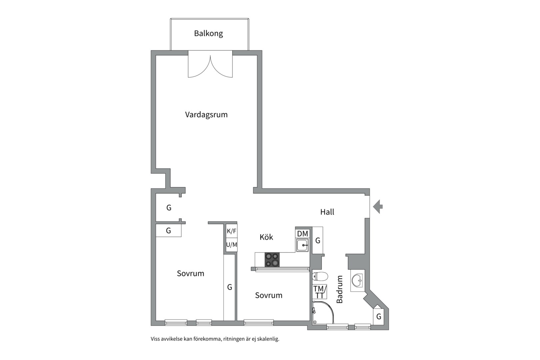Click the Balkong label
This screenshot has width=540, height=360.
pyautogui.click(x=208, y=33)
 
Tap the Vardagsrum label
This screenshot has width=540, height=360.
pyautogui.click(x=206, y=115)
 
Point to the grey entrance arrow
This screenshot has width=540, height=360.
pyautogui.click(x=378, y=207)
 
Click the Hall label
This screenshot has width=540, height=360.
pyautogui.click(x=327, y=212)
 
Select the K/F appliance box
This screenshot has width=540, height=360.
pyautogui.click(x=232, y=231)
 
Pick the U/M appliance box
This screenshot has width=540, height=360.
pyautogui.click(x=232, y=245)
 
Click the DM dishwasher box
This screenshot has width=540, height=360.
pyautogui.click(x=303, y=234)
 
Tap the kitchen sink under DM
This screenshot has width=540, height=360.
pyautogui.click(x=303, y=245)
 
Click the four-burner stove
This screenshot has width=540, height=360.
pyautogui.click(x=272, y=260)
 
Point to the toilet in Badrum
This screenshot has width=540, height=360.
pyautogui.click(x=320, y=276)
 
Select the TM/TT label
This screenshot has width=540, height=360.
pyautogui.click(x=320, y=292)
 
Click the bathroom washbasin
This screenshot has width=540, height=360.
pyautogui.click(x=357, y=280)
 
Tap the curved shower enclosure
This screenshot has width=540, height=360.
pyautogui.click(x=323, y=313)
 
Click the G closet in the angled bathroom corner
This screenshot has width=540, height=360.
pyautogui.click(x=379, y=316)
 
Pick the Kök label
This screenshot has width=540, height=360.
pyautogui.click(x=266, y=237)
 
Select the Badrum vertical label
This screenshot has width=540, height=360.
pyautogui.click(x=340, y=289)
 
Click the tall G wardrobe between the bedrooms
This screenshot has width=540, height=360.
pyautogui.click(x=229, y=287)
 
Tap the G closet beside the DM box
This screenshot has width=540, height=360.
pyautogui.click(x=318, y=240)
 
